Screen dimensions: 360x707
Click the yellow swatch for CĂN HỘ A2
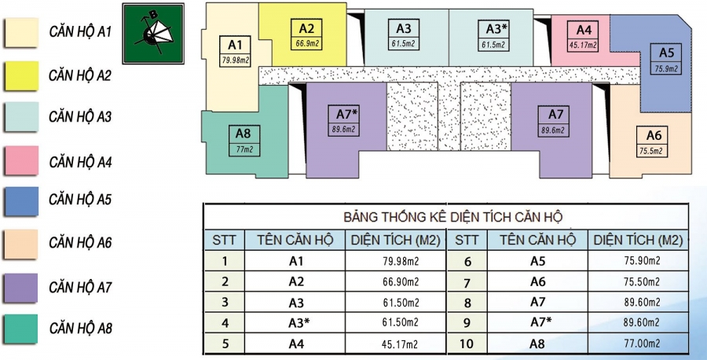[21, 75]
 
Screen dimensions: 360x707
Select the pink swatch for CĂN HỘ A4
[21, 161]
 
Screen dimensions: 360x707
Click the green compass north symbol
[153, 33]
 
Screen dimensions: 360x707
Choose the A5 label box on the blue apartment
[666, 59]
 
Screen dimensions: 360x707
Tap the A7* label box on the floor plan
[343, 120]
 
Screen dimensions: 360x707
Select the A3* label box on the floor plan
[493, 35]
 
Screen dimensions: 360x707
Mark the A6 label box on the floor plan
[652, 141]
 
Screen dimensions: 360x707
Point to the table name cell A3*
[296, 322]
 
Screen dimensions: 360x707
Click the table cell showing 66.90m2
[395, 281]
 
